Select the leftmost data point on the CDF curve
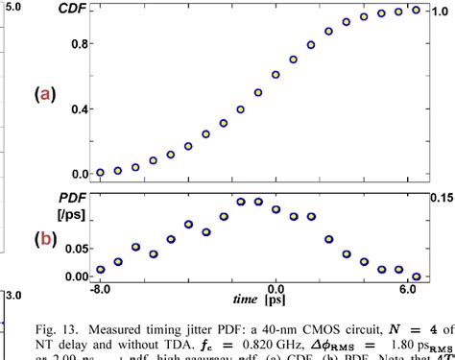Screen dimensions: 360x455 [x=101, y=173]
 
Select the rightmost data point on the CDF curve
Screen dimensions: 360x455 [x=416, y=10]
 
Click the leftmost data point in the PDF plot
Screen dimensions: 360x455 [x=101, y=270]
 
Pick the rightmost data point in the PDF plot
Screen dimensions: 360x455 [x=416, y=276]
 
